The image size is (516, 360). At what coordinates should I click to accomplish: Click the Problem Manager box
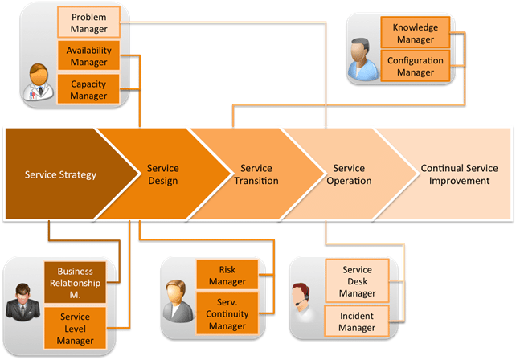click(x=89, y=22)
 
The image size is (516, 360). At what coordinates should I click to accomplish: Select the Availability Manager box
click(x=89, y=55)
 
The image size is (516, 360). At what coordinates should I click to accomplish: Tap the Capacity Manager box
click(x=88, y=89)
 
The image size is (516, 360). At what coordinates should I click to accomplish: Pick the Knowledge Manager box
click(x=416, y=33)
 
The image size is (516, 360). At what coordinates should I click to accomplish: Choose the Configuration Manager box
click(x=416, y=66)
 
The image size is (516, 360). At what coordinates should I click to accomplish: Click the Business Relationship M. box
click(x=75, y=283)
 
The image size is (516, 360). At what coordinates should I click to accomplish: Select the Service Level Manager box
click(x=75, y=328)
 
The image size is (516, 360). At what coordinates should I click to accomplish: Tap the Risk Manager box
click(x=227, y=275)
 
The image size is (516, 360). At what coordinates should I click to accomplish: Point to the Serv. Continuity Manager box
click(x=227, y=313)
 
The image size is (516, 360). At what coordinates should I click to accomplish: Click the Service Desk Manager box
click(x=358, y=281)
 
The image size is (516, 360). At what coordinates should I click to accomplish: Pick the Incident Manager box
click(x=357, y=321)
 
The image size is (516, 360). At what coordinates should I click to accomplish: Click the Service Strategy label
click(x=60, y=174)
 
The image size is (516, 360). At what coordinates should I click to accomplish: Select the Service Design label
click(x=163, y=174)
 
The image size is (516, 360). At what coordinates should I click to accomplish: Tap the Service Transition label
click(x=256, y=174)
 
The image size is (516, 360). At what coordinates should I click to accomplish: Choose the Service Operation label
click(x=349, y=174)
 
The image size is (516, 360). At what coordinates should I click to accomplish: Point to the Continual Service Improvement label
click(x=460, y=174)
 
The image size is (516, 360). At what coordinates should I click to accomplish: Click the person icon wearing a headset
click(x=301, y=298)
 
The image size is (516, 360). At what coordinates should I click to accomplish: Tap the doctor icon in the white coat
click(x=39, y=82)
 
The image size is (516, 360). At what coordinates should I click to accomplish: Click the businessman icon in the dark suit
click(x=23, y=302)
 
